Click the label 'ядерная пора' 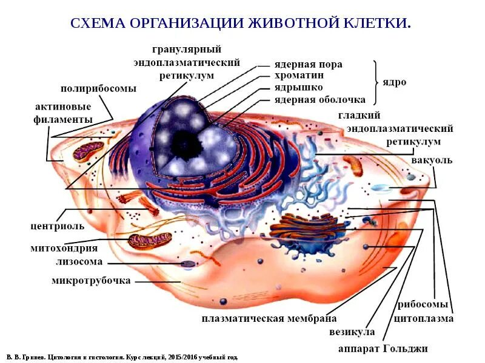click(308, 64)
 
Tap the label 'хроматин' click(299, 76)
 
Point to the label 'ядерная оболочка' click(319, 99)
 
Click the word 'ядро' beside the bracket click(394, 82)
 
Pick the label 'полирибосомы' click(98, 88)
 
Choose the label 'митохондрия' click(64, 248)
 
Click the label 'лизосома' click(79, 262)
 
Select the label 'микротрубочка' click(91, 281)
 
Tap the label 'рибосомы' click(423, 304)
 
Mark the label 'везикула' click(352, 332)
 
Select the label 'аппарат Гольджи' click(383, 349)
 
